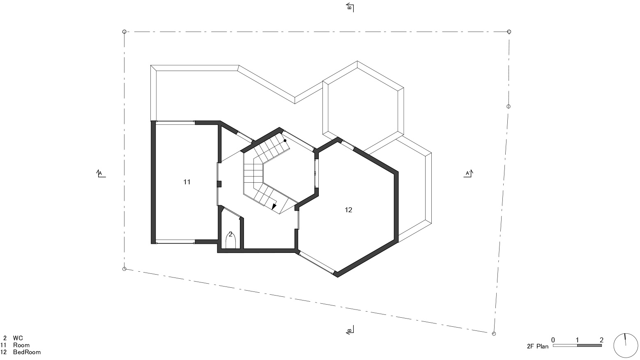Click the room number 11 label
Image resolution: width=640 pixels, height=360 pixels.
(187, 182)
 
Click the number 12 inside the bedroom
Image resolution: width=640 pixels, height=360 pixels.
(348, 210)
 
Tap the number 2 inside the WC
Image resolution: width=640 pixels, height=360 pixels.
(230, 234)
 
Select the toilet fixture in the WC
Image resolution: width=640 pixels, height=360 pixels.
(230, 242)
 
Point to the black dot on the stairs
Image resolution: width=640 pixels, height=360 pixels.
(285, 140)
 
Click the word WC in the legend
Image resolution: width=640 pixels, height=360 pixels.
(18, 338)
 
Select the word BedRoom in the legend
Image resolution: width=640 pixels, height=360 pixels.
(27, 352)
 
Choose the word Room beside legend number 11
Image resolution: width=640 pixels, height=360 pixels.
(21, 345)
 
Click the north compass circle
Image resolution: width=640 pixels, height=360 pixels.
(626, 345)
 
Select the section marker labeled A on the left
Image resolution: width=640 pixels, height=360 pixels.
(100, 173)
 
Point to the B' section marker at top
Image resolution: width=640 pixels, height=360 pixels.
(350, 7)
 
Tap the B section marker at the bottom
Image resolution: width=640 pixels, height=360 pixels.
(350, 330)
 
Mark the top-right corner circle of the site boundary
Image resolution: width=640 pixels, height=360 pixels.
(509, 32)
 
